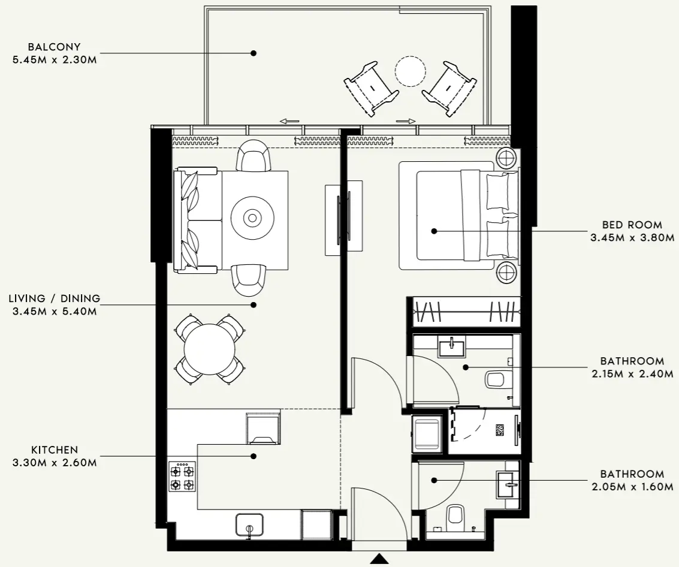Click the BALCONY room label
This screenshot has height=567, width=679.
[54, 47]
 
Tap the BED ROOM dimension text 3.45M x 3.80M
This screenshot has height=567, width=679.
[632, 238]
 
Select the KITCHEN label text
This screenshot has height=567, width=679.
[55, 450]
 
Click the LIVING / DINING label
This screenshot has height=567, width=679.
[55, 298]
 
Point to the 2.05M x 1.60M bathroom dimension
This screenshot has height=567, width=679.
[632, 487]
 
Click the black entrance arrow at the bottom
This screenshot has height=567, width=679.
[379, 559]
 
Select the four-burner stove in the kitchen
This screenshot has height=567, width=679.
[182, 476]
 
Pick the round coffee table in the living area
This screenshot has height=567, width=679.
[253, 218]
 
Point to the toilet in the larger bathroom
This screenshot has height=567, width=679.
[497, 379]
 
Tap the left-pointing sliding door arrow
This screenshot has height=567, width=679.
[289, 122]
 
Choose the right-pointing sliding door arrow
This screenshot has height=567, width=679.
[406, 122]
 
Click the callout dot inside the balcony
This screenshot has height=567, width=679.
[254, 53]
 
